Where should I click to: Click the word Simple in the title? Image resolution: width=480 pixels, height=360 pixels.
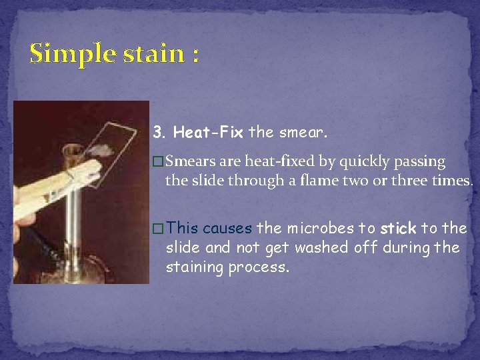tap(65, 53)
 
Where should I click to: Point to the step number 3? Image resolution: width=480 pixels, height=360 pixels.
tap(159, 132)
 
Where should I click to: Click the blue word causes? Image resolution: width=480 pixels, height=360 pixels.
tap(227, 229)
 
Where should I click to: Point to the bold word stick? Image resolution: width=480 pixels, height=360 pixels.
tap(399, 229)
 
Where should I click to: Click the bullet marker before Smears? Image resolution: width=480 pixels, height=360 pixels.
tap(157, 162)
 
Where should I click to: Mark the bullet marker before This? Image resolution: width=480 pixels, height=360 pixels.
tap(157, 229)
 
